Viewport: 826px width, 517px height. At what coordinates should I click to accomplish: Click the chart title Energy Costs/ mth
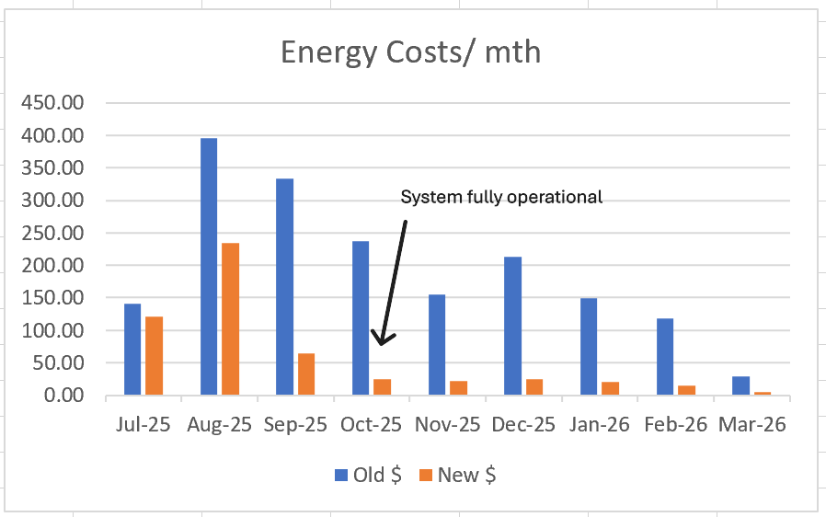(x=410, y=52)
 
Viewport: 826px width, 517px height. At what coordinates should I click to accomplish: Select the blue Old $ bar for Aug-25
(x=209, y=267)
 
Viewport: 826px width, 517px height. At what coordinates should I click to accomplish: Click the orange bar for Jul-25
(x=154, y=356)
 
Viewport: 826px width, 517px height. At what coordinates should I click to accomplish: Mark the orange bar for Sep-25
(x=305, y=374)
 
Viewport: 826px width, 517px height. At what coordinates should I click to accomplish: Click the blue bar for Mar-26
(x=740, y=385)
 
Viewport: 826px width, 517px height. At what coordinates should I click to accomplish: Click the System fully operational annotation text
(x=501, y=197)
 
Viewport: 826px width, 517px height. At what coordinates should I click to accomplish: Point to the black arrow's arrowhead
(x=380, y=339)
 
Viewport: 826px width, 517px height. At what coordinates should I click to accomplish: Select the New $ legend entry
(x=458, y=475)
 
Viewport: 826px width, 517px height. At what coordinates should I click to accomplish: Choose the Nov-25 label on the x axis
(x=448, y=426)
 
